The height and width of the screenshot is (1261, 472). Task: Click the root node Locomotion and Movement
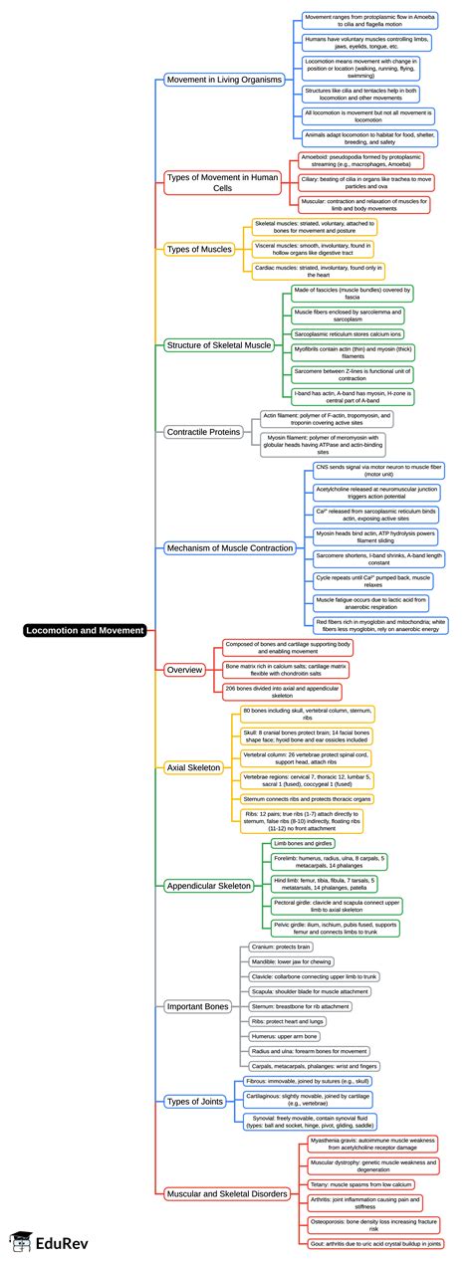(85, 630)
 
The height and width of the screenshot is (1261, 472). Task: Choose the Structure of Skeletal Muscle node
(217, 344)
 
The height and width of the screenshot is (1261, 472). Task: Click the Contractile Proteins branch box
(203, 432)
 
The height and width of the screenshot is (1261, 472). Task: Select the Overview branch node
(183, 669)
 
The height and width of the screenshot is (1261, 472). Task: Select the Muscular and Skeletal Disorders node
(228, 1192)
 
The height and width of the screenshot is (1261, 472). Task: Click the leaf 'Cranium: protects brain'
(283, 946)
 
